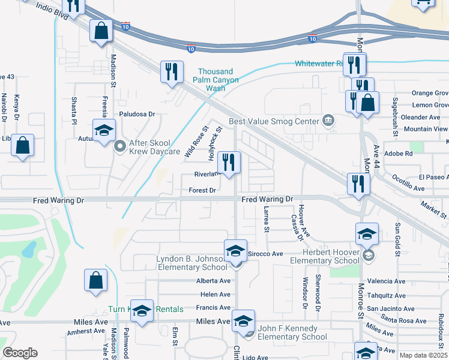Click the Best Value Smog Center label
273,121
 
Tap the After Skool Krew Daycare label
148,148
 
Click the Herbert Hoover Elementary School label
325,257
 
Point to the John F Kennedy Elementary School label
292,332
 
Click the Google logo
20,352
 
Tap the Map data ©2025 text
423,355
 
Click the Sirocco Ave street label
265,254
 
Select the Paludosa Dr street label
137,113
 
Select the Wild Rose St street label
196,142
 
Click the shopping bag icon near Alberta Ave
96,281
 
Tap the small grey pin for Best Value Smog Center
328,121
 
